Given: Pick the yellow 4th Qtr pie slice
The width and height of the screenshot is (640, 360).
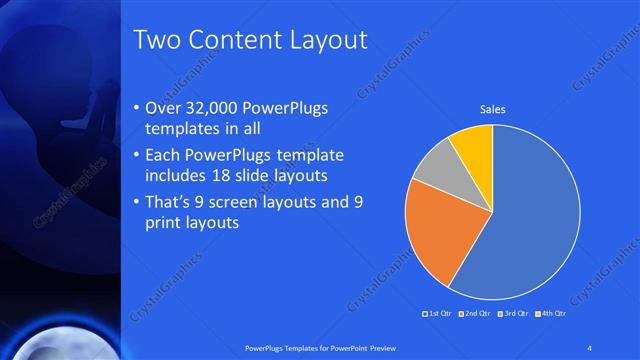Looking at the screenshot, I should click(473, 144).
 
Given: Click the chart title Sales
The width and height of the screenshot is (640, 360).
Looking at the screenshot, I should click(492, 109).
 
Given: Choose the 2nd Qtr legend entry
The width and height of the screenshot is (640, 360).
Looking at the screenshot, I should click(476, 315).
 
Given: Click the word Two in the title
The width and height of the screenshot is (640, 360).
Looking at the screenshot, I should click(157, 40).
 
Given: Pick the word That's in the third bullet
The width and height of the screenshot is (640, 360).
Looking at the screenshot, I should click(170, 202).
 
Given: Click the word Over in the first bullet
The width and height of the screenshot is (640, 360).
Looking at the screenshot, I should click(165, 107).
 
